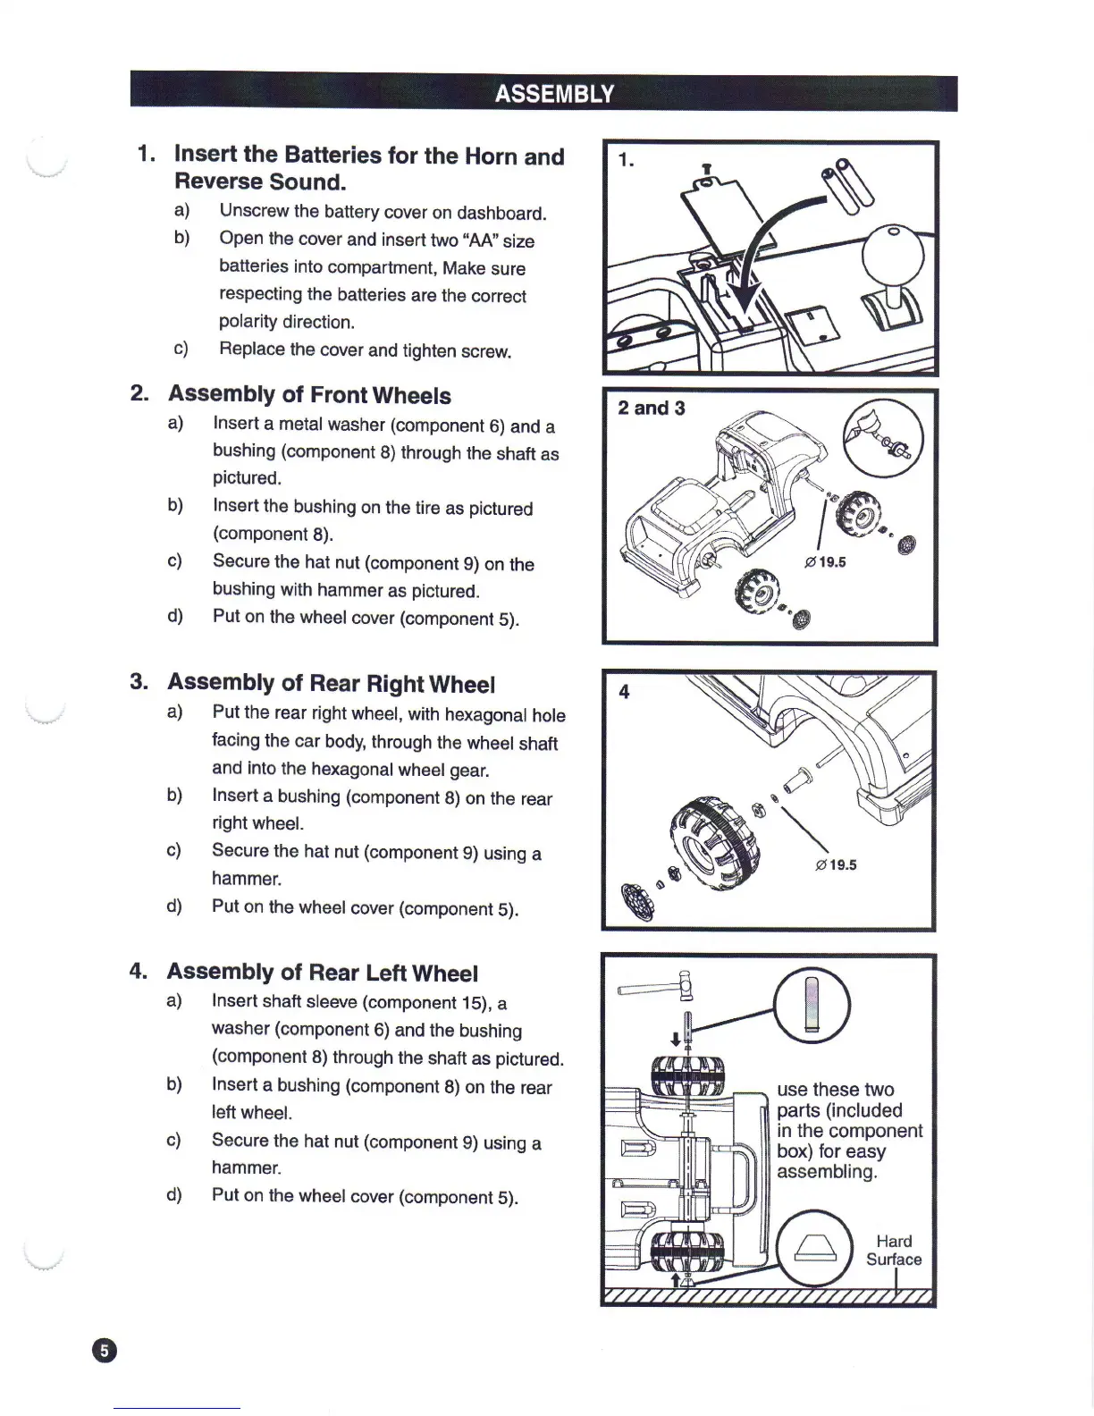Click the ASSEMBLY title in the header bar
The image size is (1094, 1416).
(554, 94)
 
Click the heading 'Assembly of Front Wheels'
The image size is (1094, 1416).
(309, 395)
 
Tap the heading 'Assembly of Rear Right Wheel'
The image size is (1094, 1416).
(331, 684)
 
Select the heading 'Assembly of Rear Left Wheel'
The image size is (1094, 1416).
(322, 973)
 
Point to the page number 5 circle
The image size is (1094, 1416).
(104, 1350)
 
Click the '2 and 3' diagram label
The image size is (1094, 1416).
(652, 409)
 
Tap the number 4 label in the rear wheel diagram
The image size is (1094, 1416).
(624, 692)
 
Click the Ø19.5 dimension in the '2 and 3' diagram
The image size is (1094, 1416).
(825, 562)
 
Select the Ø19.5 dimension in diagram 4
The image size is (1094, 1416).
(836, 864)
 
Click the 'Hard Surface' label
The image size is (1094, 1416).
(894, 1251)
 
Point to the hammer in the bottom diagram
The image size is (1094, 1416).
(657, 986)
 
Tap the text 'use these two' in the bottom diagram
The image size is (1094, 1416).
(835, 1090)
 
